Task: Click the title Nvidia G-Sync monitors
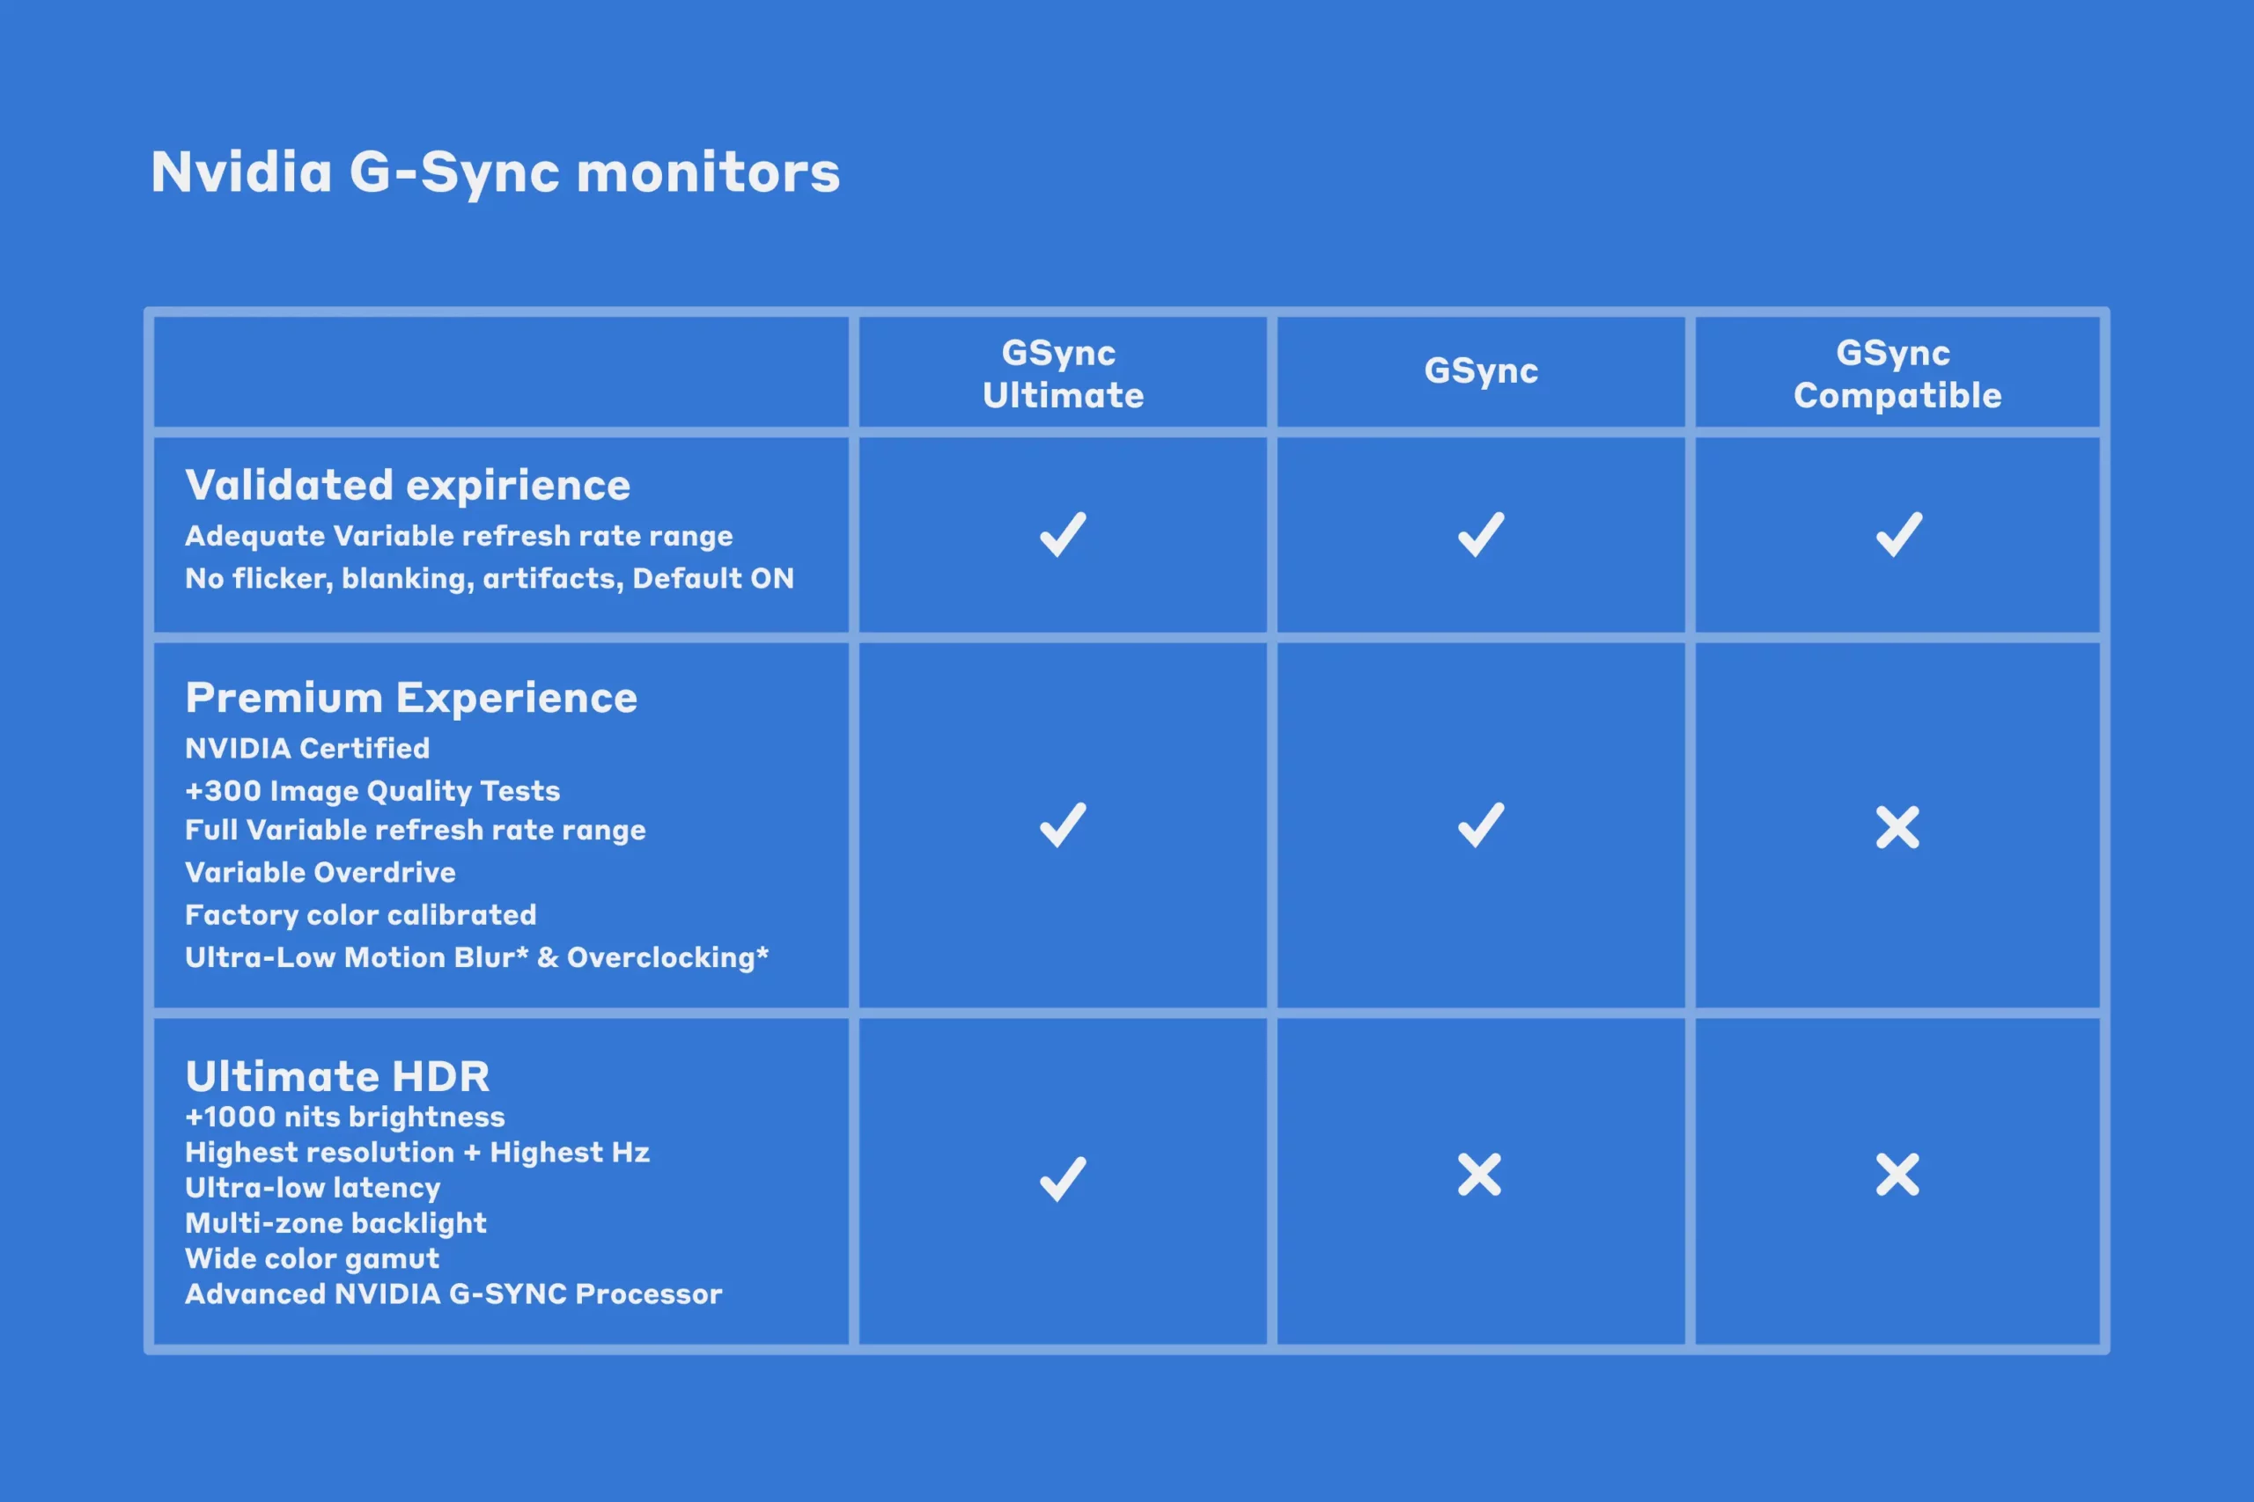(x=496, y=172)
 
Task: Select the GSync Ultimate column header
(x=1063, y=374)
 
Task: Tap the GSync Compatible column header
(x=1897, y=374)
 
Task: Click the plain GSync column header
(x=1481, y=370)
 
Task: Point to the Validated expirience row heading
(x=409, y=486)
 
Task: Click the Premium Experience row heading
(x=411, y=699)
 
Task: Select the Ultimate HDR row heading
(x=337, y=1077)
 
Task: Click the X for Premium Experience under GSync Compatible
(x=1897, y=828)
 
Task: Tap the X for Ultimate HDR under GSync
(x=1480, y=1175)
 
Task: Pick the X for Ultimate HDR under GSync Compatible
(x=1897, y=1175)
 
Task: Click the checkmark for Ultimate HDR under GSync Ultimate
(x=1063, y=1179)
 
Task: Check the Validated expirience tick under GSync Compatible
(x=1898, y=534)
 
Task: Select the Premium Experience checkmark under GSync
(x=1481, y=824)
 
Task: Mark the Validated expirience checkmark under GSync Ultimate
(x=1063, y=534)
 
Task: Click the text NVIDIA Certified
(x=307, y=748)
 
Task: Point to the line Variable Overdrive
(x=320, y=873)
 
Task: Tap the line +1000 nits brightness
(x=345, y=1117)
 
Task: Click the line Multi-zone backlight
(x=335, y=1223)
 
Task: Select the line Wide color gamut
(x=313, y=1258)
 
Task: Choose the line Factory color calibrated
(x=360, y=916)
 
